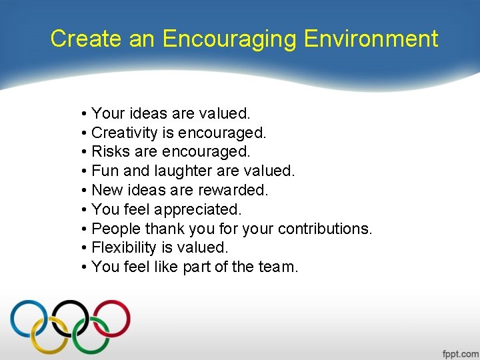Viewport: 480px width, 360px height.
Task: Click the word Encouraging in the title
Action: [230, 39]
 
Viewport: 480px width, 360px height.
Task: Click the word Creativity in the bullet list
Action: [123, 133]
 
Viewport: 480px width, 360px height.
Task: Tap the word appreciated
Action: [198, 209]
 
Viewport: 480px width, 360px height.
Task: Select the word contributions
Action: [325, 229]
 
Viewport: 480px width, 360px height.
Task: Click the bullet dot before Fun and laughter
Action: [84, 171]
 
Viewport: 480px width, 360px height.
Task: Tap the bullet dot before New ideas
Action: [84, 191]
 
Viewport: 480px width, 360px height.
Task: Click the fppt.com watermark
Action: [459, 353]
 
